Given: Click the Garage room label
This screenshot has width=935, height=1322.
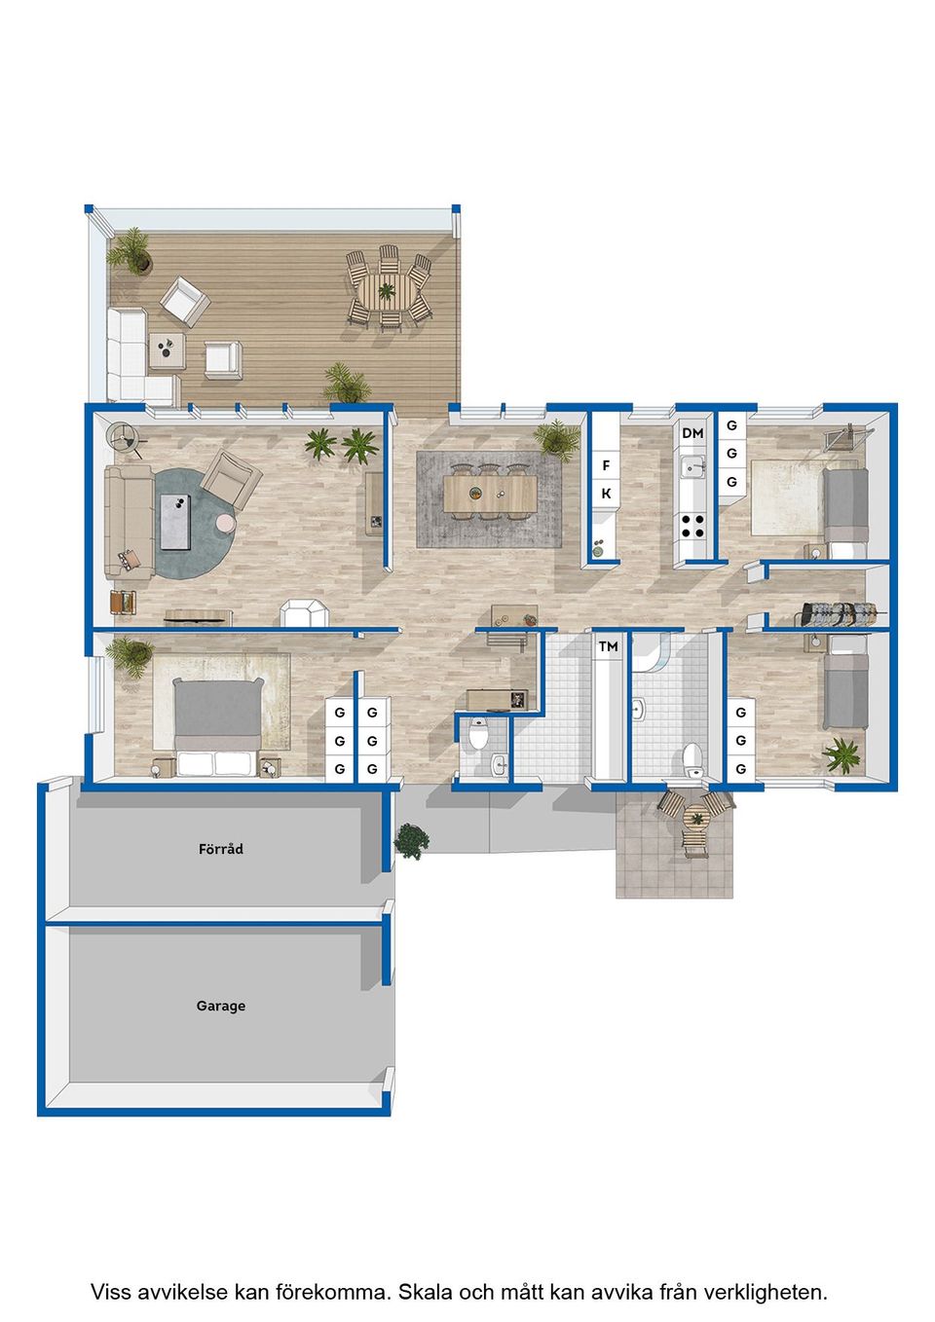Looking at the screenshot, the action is [x=221, y=1006].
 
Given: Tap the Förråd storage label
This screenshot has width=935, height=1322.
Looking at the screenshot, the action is [x=221, y=849].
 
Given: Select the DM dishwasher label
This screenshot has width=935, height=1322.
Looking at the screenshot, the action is [x=692, y=433].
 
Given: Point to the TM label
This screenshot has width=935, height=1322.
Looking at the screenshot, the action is [x=608, y=646].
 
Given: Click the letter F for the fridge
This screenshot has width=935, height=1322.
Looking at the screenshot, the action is [x=606, y=465].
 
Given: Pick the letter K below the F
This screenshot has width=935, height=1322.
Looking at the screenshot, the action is [x=606, y=494].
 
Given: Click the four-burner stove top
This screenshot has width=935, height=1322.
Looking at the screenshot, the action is [x=692, y=526].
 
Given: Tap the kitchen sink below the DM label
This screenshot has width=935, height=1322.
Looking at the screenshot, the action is [x=692, y=468].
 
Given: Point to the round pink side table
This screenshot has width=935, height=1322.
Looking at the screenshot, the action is [x=226, y=523].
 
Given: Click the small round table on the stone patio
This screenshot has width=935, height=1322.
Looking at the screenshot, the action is [x=697, y=819].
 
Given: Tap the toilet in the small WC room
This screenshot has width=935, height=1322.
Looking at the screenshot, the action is [x=477, y=735].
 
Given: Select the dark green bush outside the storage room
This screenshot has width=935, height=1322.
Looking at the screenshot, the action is [x=411, y=840].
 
